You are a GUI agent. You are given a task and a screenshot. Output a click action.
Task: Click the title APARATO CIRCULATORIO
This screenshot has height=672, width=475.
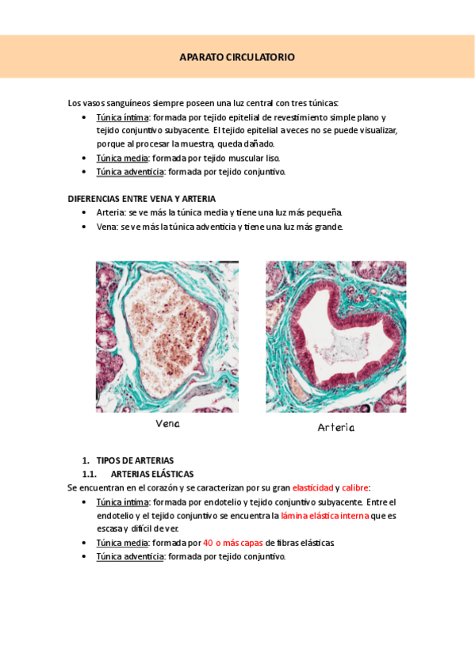pyautogui.click(x=237, y=57)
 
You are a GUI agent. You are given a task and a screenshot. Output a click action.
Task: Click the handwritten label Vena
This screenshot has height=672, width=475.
pyautogui.click(x=167, y=424)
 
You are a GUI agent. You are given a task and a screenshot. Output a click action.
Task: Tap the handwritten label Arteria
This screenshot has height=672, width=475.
pyautogui.click(x=336, y=427)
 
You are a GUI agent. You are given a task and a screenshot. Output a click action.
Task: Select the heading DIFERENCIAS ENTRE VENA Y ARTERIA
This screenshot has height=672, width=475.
pyautogui.click(x=142, y=199)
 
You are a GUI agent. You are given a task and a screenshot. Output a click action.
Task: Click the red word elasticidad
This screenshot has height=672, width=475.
pyautogui.click(x=312, y=488)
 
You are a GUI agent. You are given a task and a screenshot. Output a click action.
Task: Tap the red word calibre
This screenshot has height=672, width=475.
pyautogui.click(x=355, y=488)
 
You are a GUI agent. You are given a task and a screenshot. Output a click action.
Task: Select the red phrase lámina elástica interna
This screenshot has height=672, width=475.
pyautogui.click(x=324, y=515)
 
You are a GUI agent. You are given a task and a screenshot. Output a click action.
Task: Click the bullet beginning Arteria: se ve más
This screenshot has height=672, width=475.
pyautogui.click(x=219, y=212)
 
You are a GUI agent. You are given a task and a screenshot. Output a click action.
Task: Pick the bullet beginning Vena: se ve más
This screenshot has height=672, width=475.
pyautogui.click(x=219, y=227)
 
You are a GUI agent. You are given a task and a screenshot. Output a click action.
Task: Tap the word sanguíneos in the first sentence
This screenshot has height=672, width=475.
pyautogui.click(x=124, y=103)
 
